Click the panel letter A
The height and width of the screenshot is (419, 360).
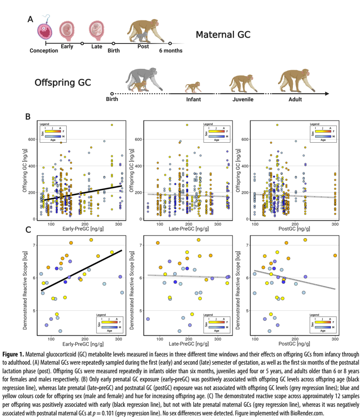(30, 19)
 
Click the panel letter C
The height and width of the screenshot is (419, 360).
(28, 230)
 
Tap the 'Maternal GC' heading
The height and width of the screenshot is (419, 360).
(223, 34)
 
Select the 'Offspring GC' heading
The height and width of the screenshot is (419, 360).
(63, 82)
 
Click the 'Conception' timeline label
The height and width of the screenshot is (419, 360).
(44, 51)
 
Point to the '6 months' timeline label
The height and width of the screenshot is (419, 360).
(170, 51)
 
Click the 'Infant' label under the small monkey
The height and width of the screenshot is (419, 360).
(193, 99)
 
